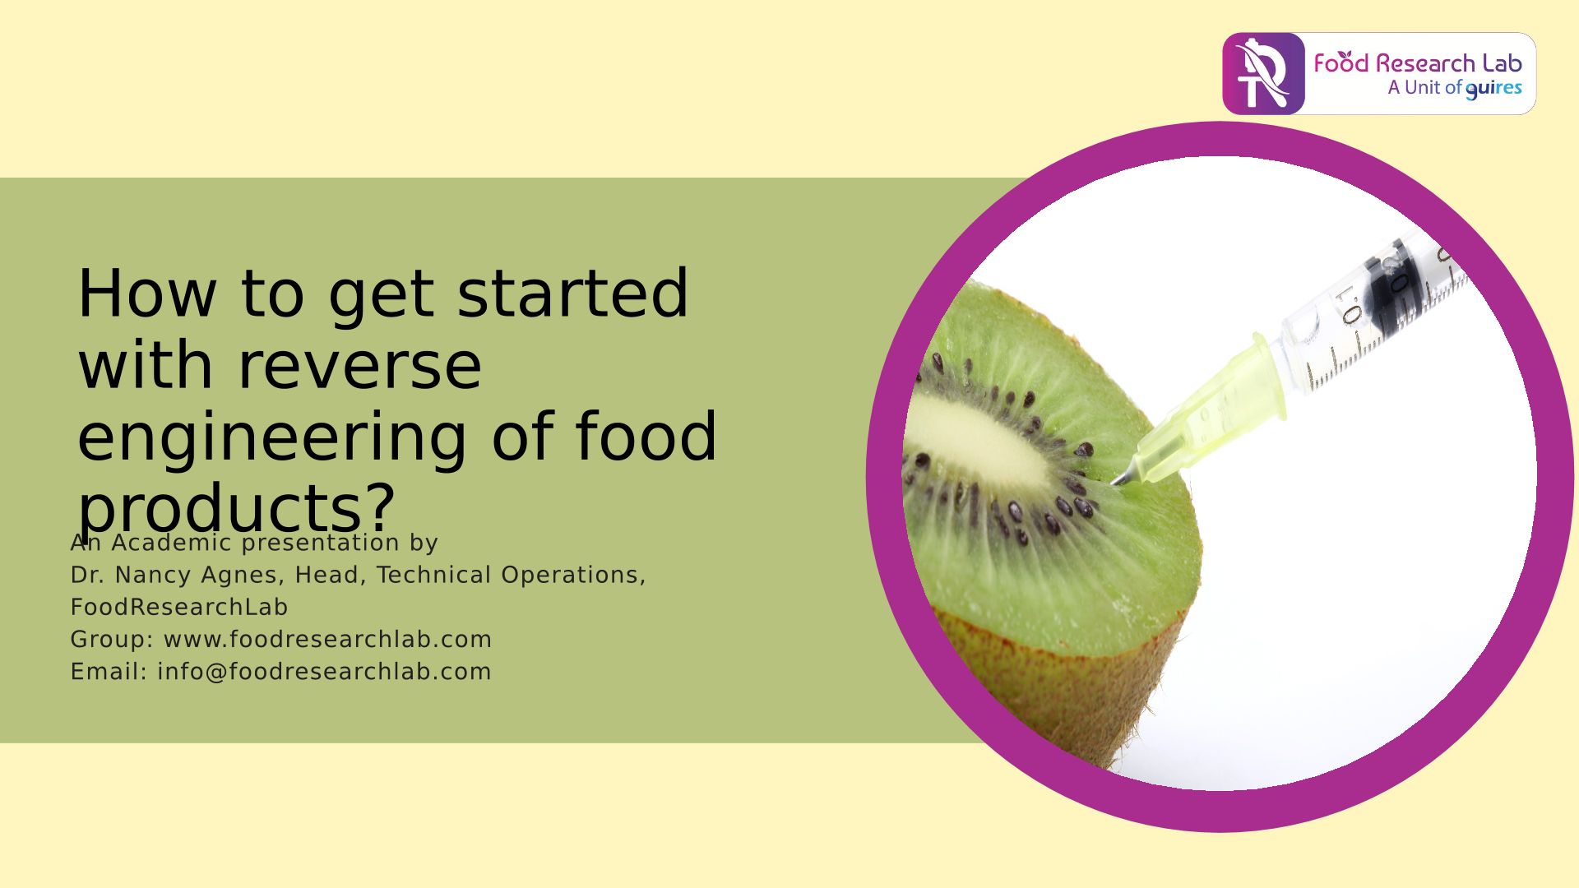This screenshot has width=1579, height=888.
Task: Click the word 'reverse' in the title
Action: [x=359, y=365]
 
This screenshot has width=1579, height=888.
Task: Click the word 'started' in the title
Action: [x=572, y=294]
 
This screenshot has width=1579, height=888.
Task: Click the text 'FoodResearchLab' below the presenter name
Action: [x=179, y=607]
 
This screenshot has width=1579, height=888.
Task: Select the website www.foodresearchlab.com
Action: [x=328, y=639]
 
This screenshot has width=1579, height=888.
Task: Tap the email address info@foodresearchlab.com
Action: [x=324, y=671]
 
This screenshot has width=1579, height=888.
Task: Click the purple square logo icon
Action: [x=1263, y=74]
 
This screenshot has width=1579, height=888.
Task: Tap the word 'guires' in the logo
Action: [x=1493, y=89]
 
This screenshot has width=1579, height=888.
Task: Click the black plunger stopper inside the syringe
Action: [x=1390, y=283]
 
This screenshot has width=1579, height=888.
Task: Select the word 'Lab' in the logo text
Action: [x=1502, y=63]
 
